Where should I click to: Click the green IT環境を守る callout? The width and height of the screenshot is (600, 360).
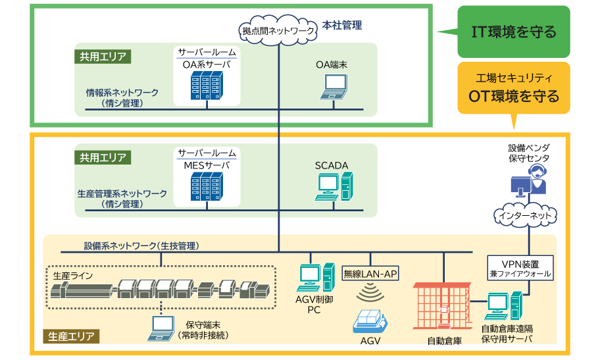pos(514,32)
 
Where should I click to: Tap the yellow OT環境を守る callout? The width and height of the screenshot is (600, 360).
pos(514,89)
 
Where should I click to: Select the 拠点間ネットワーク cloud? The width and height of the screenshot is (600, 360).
pos(278,30)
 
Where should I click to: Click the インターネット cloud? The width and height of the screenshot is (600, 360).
pos(526,215)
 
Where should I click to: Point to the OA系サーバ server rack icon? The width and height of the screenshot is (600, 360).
pos(205,86)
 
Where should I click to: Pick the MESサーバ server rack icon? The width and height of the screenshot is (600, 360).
pos(205,186)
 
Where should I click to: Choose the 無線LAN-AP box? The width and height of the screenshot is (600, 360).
pos(371,273)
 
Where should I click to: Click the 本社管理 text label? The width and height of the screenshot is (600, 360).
pos(342,26)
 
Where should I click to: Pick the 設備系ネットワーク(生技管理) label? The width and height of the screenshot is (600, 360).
pos(141,245)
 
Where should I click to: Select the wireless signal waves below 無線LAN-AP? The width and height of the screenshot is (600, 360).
pos(371,292)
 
